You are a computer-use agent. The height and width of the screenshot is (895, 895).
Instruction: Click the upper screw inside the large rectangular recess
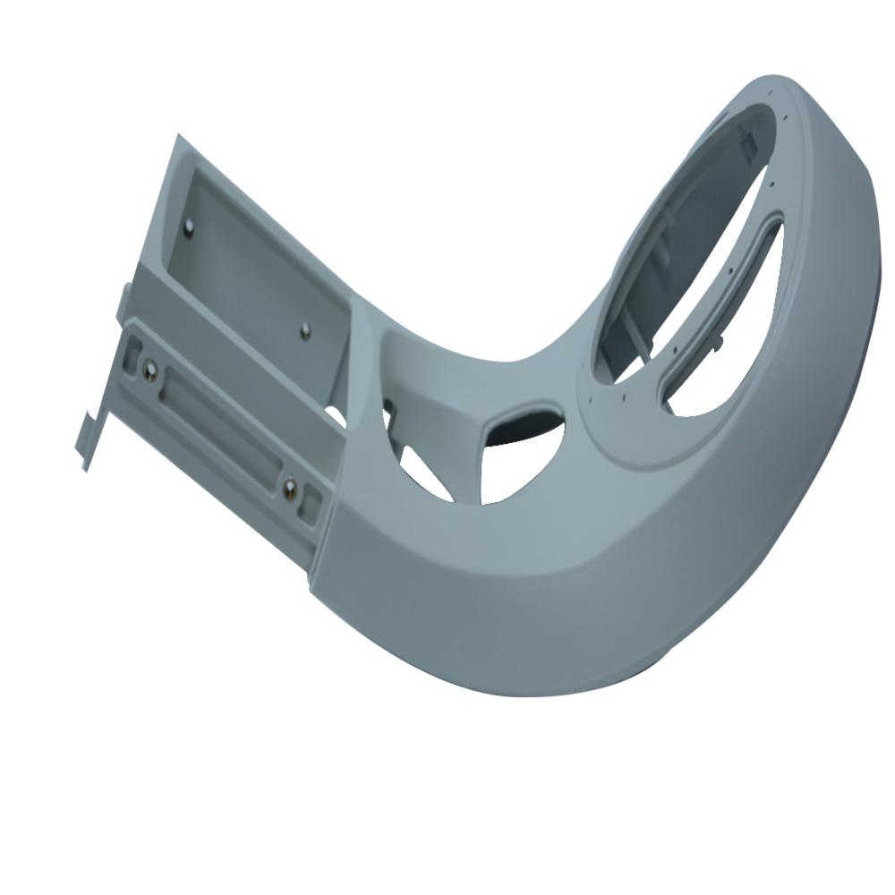tap(189, 227)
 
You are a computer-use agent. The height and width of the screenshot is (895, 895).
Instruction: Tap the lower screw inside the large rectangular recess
tap(305, 331)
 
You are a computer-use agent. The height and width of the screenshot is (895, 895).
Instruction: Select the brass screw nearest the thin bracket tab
tap(150, 367)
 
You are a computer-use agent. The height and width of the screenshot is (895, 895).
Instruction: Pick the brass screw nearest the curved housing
tap(290, 488)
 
